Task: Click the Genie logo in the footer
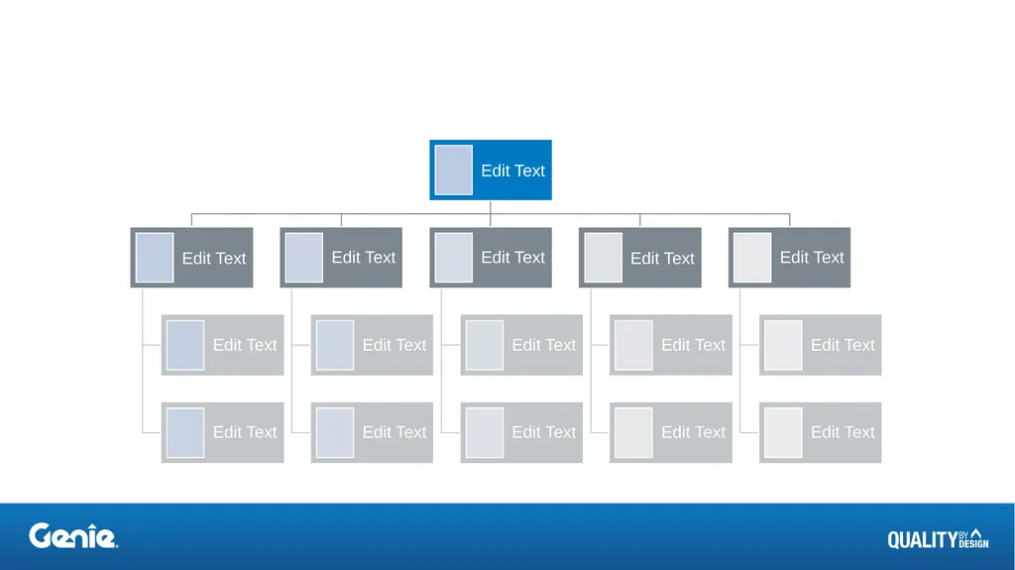click(x=73, y=535)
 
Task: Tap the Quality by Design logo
click(x=938, y=538)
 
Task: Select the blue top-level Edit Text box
click(x=491, y=170)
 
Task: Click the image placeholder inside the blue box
click(x=453, y=170)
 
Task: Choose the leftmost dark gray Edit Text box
click(x=191, y=257)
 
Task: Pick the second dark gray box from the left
click(x=341, y=257)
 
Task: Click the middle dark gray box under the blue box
click(x=491, y=257)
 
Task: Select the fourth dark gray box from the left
click(x=640, y=257)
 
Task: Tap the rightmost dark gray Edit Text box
click(x=790, y=257)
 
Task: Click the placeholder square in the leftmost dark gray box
click(x=155, y=257)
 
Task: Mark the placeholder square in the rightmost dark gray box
click(x=752, y=257)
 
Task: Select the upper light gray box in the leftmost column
click(x=223, y=345)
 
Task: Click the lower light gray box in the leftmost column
click(x=223, y=432)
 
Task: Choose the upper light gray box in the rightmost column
click(x=820, y=345)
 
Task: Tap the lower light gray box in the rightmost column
click(x=820, y=432)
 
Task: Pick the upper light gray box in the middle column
click(x=521, y=345)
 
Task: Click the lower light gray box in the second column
click(x=373, y=432)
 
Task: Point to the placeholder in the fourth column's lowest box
click(x=633, y=432)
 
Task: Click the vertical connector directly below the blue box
click(x=491, y=214)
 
